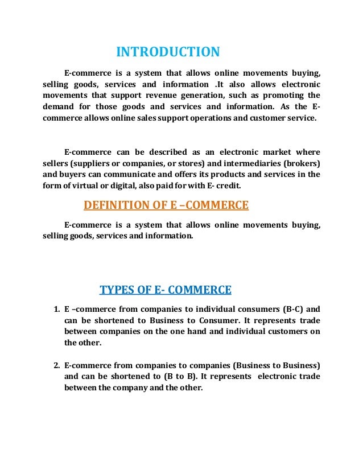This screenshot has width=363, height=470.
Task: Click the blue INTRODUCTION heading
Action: click(x=167, y=52)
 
